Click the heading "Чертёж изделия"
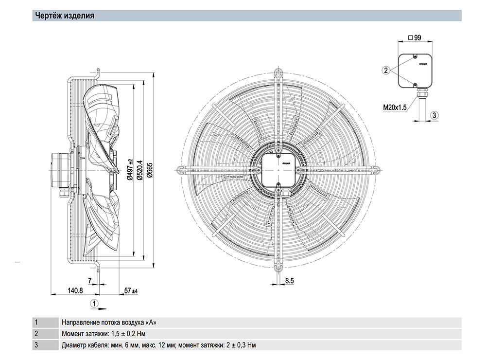[63, 16]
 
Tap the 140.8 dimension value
[75, 290]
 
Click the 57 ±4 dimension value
[131, 290]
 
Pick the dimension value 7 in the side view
[89, 281]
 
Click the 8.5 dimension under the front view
[290, 281]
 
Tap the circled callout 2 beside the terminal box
[385, 71]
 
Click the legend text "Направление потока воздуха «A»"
[109, 322]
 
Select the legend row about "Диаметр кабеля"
[158, 345]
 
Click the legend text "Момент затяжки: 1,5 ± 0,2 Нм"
[104, 334]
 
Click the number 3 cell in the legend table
[36, 345]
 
